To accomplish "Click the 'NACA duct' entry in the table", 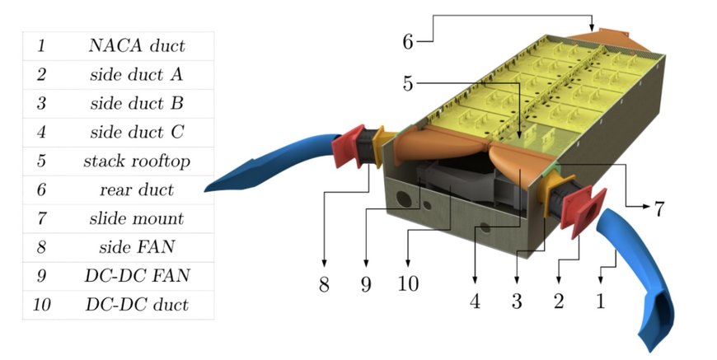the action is pyautogui.click(x=137, y=45).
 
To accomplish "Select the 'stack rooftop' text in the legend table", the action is pyautogui.click(x=137, y=161).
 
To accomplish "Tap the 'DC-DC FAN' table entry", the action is pyautogui.click(x=137, y=276).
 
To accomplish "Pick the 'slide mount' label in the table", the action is pyautogui.click(x=137, y=218).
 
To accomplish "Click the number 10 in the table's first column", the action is pyautogui.click(x=41, y=305).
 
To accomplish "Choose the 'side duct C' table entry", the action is pyautogui.click(x=137, y=132).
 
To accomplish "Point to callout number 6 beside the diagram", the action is pyautogui.click(x=408, y=41).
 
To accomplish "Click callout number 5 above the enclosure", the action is pyautogui.click(x=408, y=83).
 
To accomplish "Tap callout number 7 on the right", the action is pyautogui.click(x=658, y=208).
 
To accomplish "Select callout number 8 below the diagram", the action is pyautogui.click(x=324, y=284).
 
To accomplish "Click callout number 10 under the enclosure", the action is pyautogui.click(x=408, y=284).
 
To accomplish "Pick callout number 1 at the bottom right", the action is pyautogui.click(x=601, y=301).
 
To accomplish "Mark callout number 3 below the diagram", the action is pyautogui.click(x=517, y=301).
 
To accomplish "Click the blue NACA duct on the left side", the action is pyautogui.click(x=274, y=161).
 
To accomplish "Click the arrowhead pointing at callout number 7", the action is pyautogui.click(x=646, y=207).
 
